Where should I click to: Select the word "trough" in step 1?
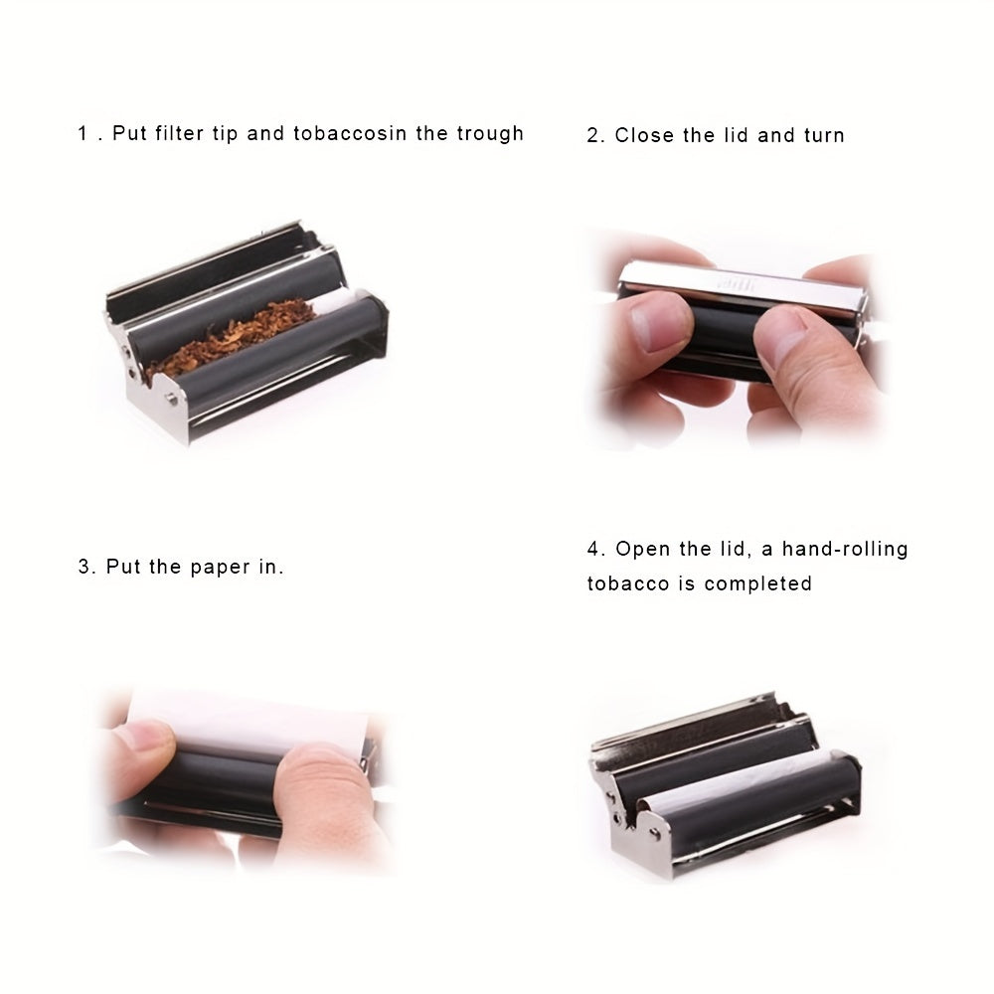[x=490, y=133]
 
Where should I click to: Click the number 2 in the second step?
[x=592, y=136]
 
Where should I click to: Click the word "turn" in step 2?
[x=824, y=135]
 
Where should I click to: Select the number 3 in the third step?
[x=84, y=569]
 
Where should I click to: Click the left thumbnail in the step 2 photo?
[x=658, y=320]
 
